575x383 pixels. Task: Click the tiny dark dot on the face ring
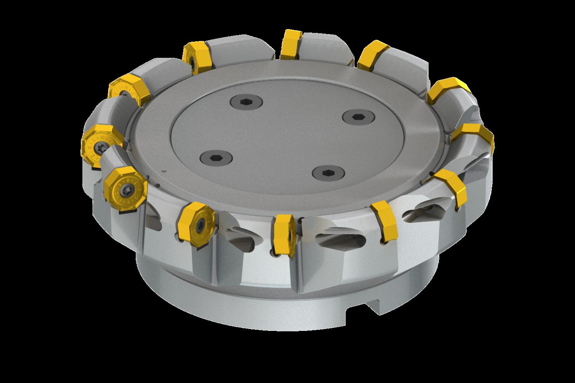[x=164, y=171]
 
